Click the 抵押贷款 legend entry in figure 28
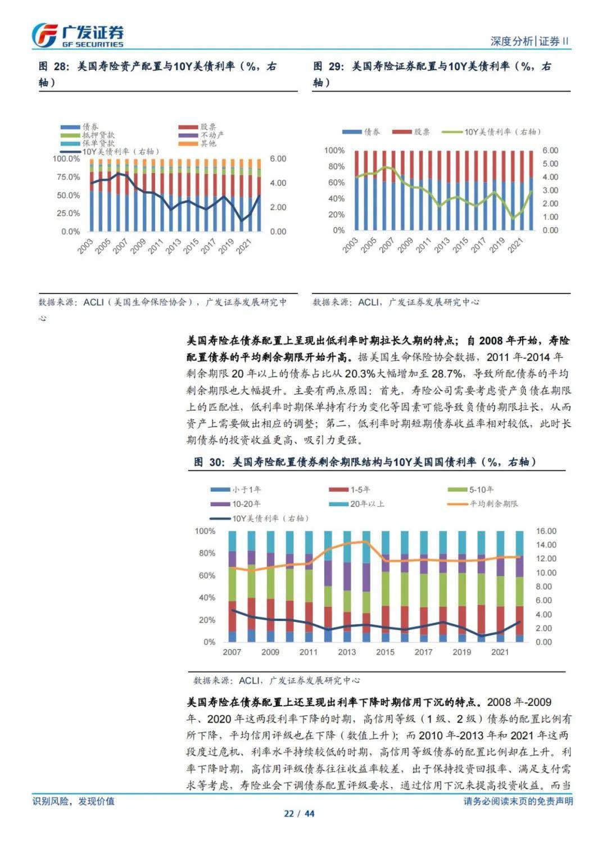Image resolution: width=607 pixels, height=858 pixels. (88, 135)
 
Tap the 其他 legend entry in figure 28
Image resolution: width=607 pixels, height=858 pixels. (197, 143)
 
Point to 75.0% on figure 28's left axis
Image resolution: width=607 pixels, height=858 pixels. (68, 177)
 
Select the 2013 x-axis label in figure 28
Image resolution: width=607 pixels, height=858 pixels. (173, 246)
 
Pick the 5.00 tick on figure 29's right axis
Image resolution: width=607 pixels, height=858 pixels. (550, 164)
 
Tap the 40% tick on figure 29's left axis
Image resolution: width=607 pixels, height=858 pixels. (336, 198)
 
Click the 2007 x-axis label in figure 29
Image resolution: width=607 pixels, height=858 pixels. (386, 245)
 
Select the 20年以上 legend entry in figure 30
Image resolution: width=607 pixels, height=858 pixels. (357, 503)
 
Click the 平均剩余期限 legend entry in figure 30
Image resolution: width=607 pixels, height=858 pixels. (482, 503)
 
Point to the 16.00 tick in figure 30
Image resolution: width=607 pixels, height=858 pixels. (546, 531)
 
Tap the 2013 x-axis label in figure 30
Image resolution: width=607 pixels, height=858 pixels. (347, 652)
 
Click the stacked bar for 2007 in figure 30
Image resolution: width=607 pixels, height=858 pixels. (232, 587)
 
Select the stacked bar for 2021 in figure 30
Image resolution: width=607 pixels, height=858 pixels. (500, 587)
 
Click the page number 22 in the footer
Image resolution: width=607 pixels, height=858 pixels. (289, 814)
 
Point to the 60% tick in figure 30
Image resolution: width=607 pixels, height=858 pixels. (207, 575)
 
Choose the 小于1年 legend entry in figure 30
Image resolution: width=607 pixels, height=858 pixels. (236, 489)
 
